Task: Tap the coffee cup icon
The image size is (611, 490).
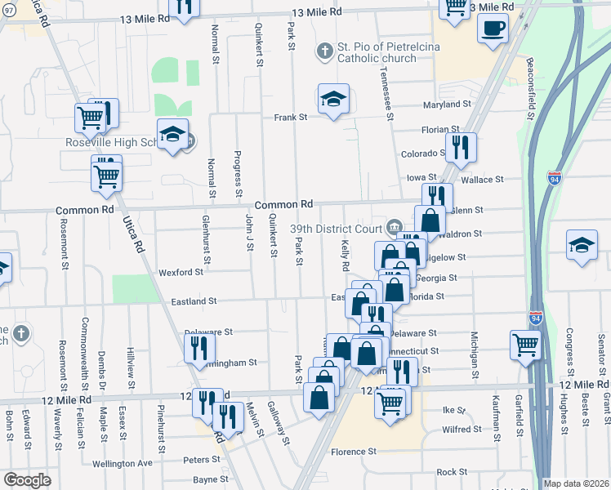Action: [x=493, y=28]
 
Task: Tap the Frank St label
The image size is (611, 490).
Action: [x=290, y=118]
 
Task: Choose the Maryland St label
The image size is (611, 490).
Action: [x=447, y=105]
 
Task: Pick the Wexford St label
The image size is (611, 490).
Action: [x=181, y=272]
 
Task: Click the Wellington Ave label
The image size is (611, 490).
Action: [x=123, y=463]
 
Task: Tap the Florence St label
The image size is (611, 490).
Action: [x=353, y=451]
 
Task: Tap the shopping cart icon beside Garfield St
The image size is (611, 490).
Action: [x=525, y=344]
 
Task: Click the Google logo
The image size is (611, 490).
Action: [x=27, y=480]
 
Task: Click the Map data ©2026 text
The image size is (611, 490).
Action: [x=576, y=483]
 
